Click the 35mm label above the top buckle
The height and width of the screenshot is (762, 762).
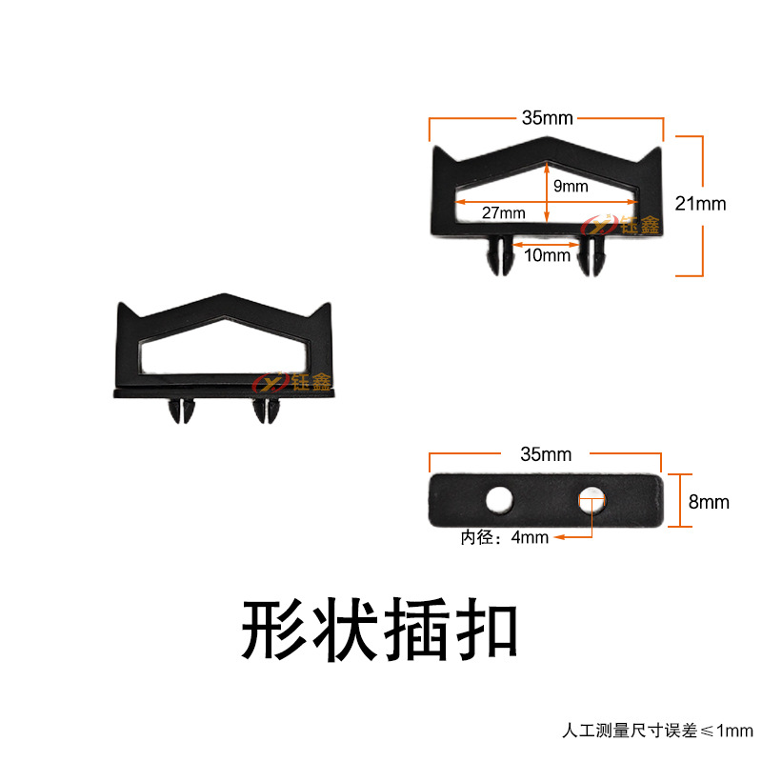coord(547,118)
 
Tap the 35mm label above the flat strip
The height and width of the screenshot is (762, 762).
coord(547,454)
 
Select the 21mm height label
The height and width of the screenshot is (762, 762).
coord(700,203)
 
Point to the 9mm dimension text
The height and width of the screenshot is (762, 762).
coord(571,187)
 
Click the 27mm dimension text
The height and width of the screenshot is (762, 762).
coord(503,213)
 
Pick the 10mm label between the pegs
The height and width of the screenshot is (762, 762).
coord(548,254)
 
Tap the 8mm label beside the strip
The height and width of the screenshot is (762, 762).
coord(709,501)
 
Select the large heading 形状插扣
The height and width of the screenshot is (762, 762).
coord(380,631)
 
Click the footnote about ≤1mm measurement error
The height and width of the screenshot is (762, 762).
coord(656,732)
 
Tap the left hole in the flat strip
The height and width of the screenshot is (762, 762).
coord(497,498)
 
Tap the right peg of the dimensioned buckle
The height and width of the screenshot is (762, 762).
coord(593,255)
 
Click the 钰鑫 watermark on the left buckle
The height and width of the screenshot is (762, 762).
coord(291,382)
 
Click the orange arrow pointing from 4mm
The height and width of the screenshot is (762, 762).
coord(571,538)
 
